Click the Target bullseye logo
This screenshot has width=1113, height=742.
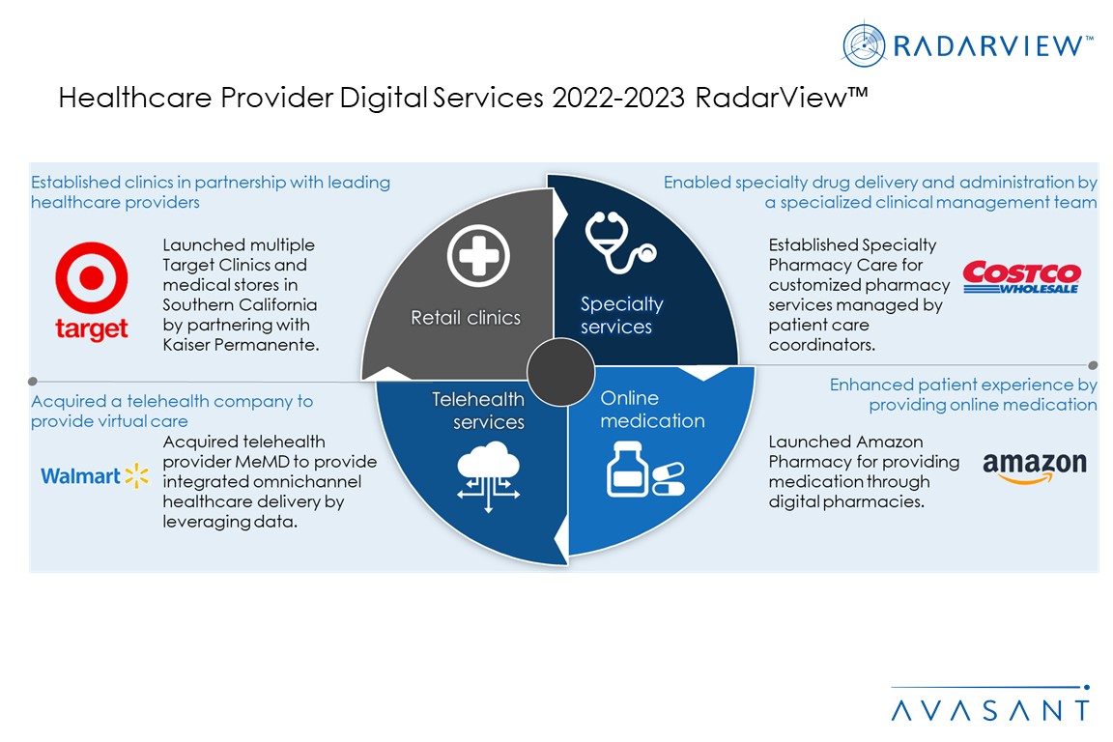point(92,291)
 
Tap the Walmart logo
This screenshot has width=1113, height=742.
point(95,475)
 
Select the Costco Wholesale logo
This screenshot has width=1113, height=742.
point(1022,277)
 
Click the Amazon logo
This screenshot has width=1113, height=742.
point(1034,468)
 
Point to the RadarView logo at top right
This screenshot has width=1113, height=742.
point(967,44)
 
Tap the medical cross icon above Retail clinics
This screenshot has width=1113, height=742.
point(478,256)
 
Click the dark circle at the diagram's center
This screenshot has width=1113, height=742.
point(560,372)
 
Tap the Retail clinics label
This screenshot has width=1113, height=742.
point(466,318)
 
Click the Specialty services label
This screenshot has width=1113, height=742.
point(622,315)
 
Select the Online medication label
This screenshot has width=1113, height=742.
point(652,410)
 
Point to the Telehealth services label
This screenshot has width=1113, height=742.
point(477,411)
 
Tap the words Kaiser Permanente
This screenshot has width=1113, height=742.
point(241,345)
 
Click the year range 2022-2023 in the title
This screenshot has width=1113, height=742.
point(618,98)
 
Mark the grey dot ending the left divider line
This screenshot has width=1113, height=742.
point(33,382)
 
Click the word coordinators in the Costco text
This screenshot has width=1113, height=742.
point(822,345)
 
